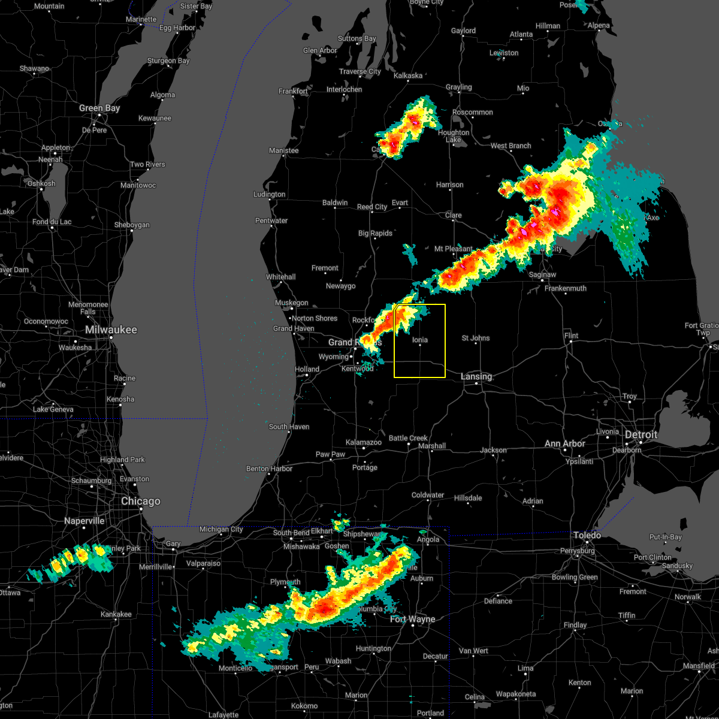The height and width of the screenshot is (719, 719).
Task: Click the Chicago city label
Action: (x=141, y=501)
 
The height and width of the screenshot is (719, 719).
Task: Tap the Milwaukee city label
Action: (x=111, y=330)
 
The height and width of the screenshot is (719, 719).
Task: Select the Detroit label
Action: (x=641, y=434)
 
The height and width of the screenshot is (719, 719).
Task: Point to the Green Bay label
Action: (x=99, y=108)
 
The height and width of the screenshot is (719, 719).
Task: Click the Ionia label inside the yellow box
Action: (x=420, y=340)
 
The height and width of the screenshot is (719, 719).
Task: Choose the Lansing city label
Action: (x=476, y=376)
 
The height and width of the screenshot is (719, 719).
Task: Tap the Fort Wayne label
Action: (x=413, y=619)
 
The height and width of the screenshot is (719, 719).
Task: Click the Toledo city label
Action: (x=587, y=535)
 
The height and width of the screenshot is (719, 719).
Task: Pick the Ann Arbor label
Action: (x=565, y=443)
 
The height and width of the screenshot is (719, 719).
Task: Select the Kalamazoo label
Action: (x=364, y=442)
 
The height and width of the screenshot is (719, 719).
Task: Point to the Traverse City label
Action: (x=360, y=71)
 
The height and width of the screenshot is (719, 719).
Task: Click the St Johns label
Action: (x=476, y=338)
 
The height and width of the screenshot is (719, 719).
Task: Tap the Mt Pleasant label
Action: (x=453, y=249)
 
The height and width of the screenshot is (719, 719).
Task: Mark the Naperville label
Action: (x=84, y=521)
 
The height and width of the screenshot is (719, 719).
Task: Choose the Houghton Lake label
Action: (x=454, y=136)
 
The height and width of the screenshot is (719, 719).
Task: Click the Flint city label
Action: (x=571, y=336)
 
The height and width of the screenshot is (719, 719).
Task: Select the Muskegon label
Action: (x=292, y=303)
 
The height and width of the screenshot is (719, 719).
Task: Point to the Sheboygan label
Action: (x=132, y=225)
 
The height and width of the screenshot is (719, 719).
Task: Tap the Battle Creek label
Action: (x=408, y=438)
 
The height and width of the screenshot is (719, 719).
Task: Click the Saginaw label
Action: (x=542, y=274)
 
